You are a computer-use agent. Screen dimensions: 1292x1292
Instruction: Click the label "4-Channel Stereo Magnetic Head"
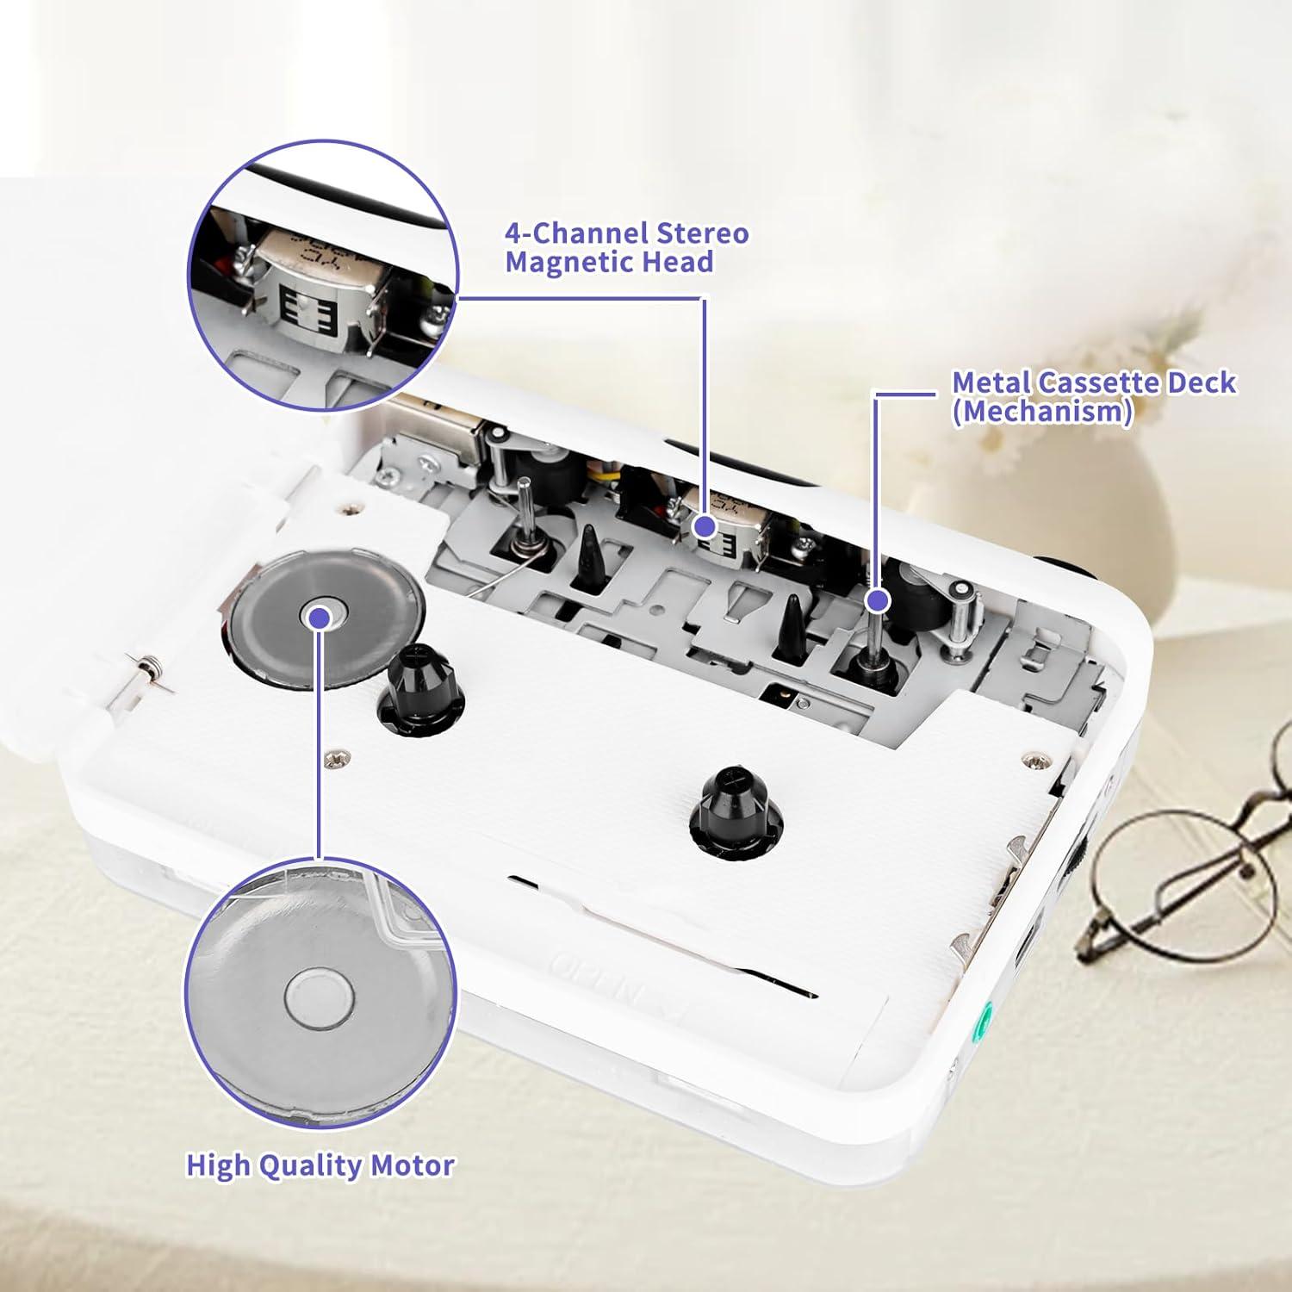[626, 247]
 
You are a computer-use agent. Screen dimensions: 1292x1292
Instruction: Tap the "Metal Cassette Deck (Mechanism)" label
[1092, 396]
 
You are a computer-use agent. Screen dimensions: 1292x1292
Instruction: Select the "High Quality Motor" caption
[320, 1165]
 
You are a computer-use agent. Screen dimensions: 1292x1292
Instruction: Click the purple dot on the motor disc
[320, 617]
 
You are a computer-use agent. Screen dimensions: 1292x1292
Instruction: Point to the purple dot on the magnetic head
[705, 525]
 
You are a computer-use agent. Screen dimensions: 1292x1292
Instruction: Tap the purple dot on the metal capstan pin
[877, 599]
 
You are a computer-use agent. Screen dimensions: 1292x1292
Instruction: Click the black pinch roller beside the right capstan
[919, 595]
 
